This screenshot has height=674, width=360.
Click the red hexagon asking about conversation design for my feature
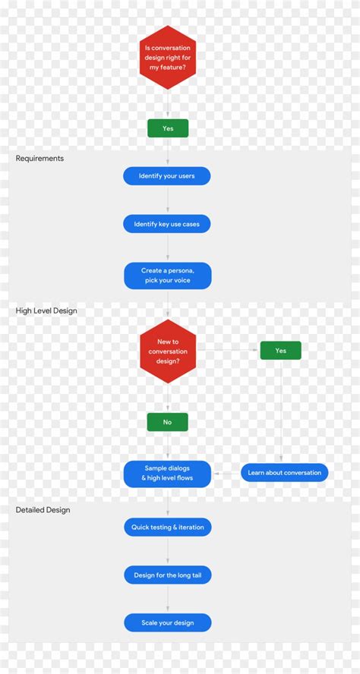click(x=168, y=58)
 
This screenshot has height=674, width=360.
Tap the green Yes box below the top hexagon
click(x=168, y=128)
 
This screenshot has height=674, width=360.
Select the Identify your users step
click(x=167, y=176)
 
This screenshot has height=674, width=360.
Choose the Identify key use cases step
click(x=167, y=224)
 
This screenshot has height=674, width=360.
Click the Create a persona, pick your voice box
click(x=168, y=276)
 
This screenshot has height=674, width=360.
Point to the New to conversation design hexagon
click(x=168, y=351)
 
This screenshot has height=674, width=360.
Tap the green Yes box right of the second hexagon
click(x=280, y=351)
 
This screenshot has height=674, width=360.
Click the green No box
click(x=167, y=422)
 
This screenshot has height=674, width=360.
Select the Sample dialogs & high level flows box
click(x=168, y=474)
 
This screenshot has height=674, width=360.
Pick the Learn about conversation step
click(x=284, y=473)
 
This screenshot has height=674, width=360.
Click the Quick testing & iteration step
click(x=168, y=527)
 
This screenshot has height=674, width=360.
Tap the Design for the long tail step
click(x=168, y=575)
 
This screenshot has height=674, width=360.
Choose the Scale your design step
click(x=168, y=623)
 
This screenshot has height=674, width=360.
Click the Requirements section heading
click(x=40, y=159)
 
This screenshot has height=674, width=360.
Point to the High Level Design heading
click(x=46, y=310)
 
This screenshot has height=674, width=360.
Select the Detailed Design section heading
click(x=43, y=510)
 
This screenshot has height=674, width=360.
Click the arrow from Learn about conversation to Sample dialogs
click(x=226, y=473)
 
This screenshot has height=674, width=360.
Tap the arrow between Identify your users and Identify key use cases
click(x=168, y=200)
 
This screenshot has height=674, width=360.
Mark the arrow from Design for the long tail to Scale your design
click(x=168, y=600)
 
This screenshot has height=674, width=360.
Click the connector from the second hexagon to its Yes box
click(x=228, y=350)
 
